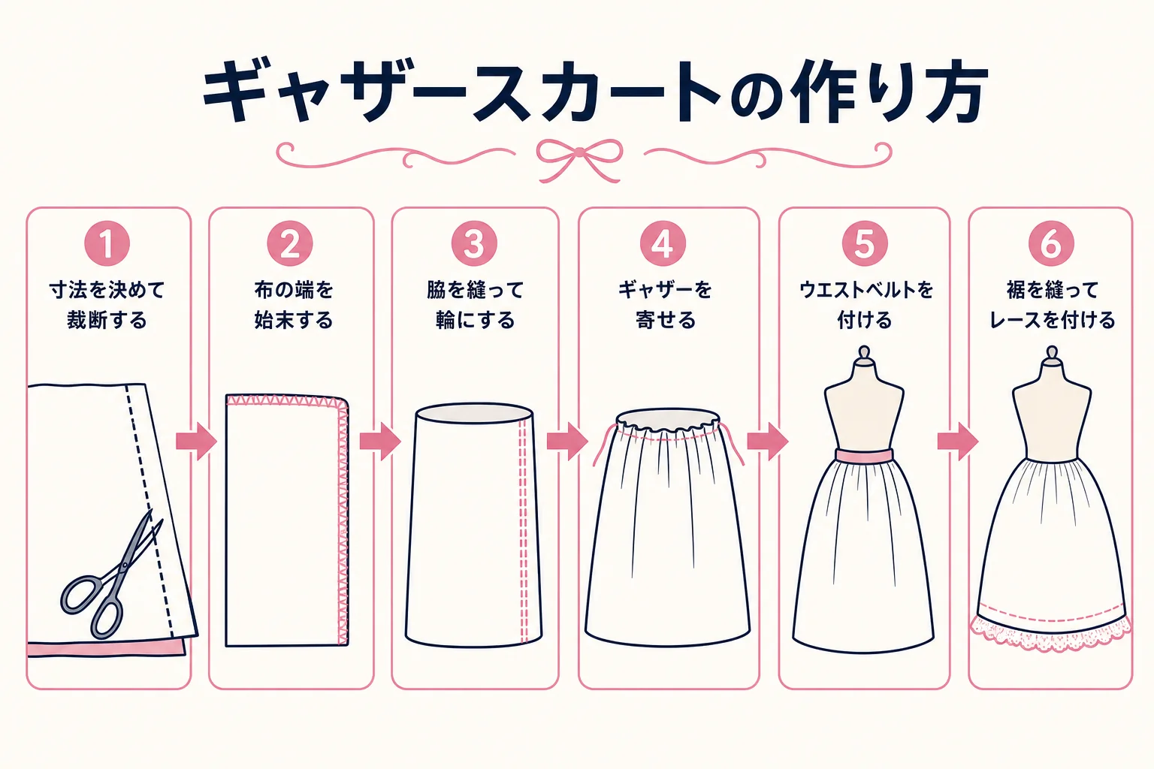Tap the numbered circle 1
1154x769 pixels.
(107, 243)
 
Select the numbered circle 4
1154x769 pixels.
(663, 243)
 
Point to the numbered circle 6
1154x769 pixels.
(1051, 243)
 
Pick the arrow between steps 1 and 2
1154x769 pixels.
(196, 442)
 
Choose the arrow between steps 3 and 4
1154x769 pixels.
(567, 442)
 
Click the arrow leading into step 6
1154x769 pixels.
(958, 442)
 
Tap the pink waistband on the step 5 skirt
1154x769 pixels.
(865, 456)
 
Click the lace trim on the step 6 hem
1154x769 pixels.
(1051, 635)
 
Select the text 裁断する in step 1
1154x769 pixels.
(107, 321)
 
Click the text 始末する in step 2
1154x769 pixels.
(293, 321)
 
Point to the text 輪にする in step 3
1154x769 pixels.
(475, 321)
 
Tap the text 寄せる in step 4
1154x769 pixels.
(666, 321)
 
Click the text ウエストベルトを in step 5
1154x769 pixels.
(865, 290)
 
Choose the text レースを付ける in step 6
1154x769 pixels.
(1052, 321)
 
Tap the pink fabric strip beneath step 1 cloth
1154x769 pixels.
(106, 649)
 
